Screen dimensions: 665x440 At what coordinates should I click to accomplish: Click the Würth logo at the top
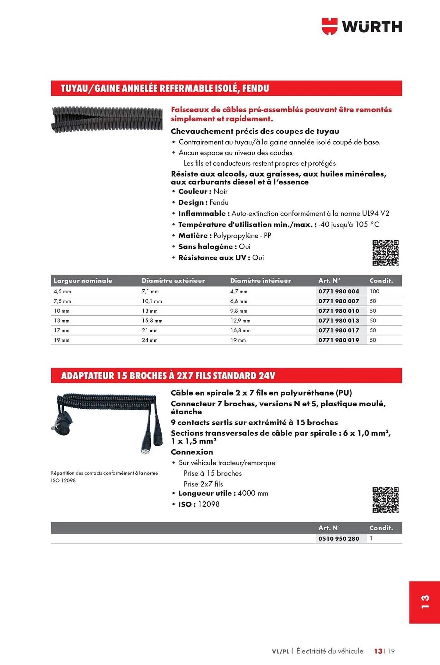click(362, 27)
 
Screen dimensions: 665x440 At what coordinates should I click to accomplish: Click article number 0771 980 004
click(339, 291)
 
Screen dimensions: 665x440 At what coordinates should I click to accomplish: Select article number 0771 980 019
click(339, 340)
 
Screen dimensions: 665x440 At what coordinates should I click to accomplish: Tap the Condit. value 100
click(374, 291)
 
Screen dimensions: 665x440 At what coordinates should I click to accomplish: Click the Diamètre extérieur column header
click(173, 281)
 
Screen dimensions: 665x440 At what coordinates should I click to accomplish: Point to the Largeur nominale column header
click(83, 281)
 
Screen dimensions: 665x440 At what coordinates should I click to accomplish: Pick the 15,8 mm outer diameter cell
click(152, 321)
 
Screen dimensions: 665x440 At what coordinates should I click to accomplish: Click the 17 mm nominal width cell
click(62, 331)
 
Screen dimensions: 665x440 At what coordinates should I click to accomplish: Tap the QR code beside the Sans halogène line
click(385, 253)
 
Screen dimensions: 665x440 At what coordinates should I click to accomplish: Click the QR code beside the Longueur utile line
click(385, 500)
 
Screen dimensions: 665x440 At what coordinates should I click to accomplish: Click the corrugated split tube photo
click(107, 119)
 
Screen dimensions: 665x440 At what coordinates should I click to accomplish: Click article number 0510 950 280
click(339, 539)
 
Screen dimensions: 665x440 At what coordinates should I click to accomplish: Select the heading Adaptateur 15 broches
click(168, 376)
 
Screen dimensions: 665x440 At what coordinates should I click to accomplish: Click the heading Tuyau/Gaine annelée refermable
click(165, 88)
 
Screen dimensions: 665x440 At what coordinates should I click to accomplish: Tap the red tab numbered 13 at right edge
click(425, 602)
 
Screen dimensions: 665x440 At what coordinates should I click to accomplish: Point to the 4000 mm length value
click(253, 493)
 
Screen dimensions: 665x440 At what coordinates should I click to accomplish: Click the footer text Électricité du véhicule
click(330, 651)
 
